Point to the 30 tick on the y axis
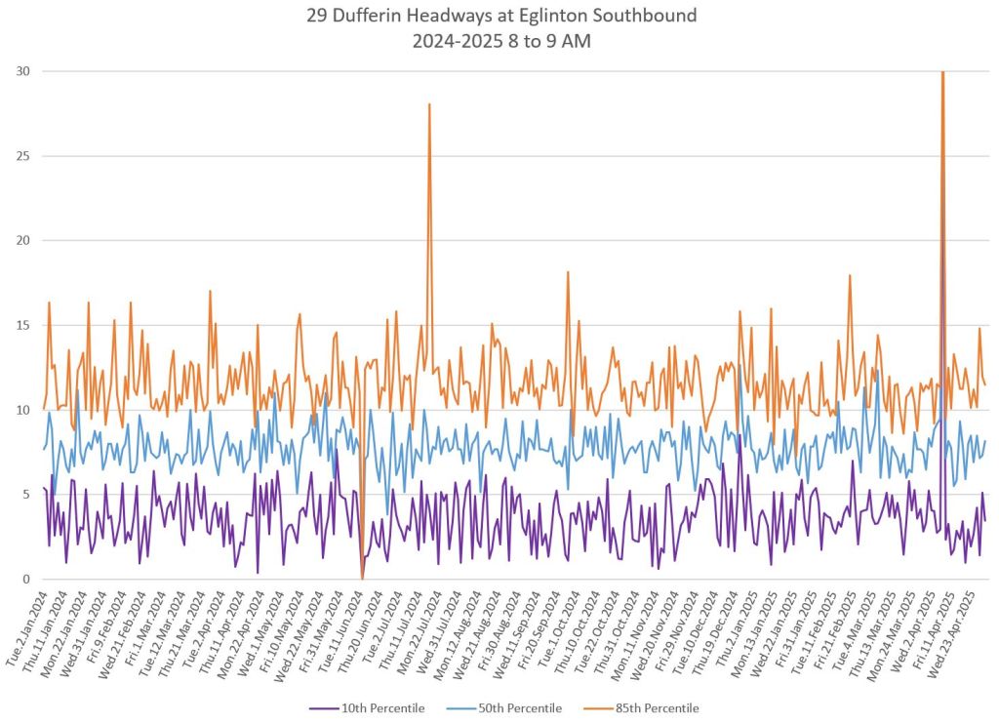(21, 71)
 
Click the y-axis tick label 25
(21, 156)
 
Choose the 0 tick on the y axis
(25, 579)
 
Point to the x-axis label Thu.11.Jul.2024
(398, 629)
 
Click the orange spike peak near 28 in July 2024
(429, 104)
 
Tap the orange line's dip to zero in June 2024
(362, 578)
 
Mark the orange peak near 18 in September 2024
(568, 272)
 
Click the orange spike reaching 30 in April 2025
(942, 73)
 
